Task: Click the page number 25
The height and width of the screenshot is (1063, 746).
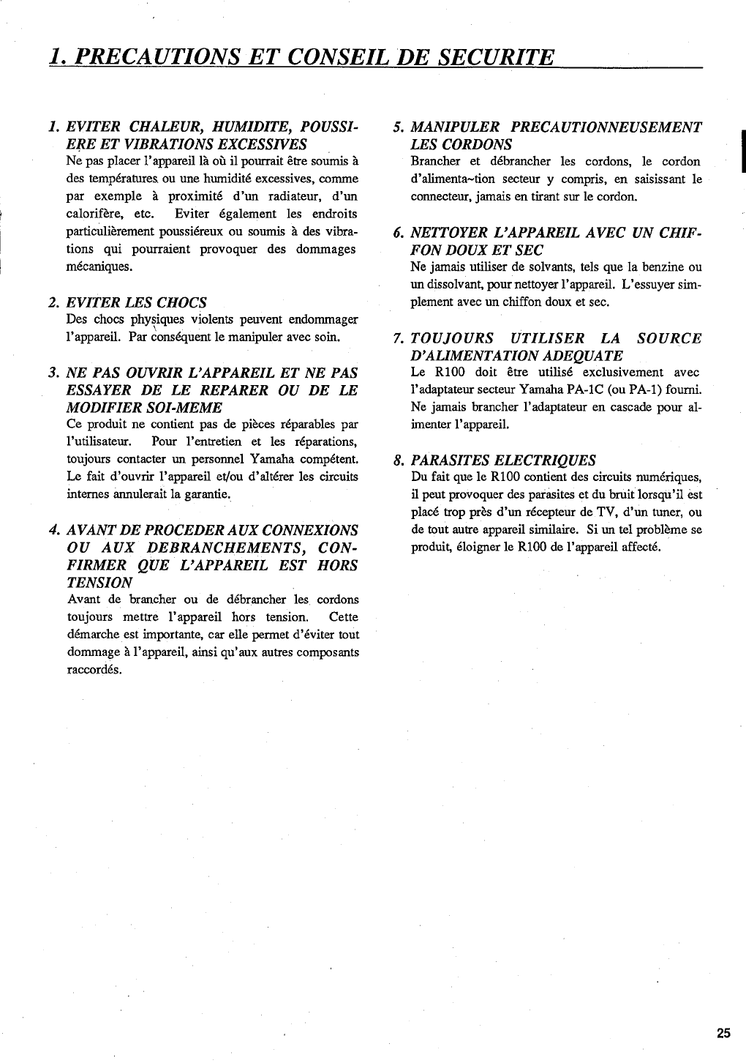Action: click(723, 1034)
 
